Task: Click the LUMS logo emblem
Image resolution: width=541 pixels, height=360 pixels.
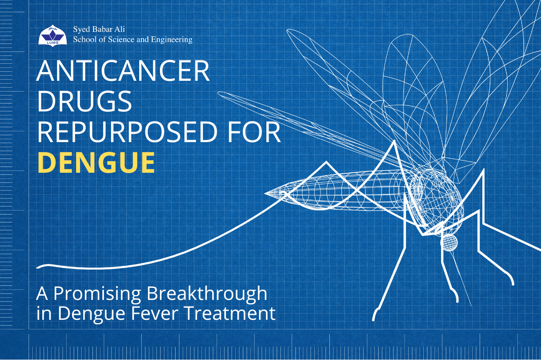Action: pyautogui.click(x=53, y=36)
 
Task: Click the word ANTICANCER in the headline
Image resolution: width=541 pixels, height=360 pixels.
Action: pyautogui.click(x=123, y=71)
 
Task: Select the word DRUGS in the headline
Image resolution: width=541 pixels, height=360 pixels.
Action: pyautogui.click(x=85, y=101)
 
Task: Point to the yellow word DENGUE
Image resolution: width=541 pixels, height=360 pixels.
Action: pyautogui.click(x=96, y=162)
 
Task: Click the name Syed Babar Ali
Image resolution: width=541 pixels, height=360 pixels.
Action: pyautogui.click(x=99, y=29)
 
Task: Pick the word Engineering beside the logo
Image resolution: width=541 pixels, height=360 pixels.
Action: pyautogui.click(x=172, y=40)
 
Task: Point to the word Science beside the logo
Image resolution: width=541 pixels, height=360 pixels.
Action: pyautogui.click(x=121, y=39)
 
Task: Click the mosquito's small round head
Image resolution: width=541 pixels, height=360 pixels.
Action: pyautogui.click(x=449, y=242)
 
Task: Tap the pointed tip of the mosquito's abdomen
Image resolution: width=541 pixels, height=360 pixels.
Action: pyautogui.click(x=265, y=193)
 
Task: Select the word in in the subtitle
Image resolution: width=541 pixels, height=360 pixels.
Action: pyautogui.click(x=44, y=313)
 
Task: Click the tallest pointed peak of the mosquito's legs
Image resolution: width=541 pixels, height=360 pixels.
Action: pyautogui.click(x=394, y=141)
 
